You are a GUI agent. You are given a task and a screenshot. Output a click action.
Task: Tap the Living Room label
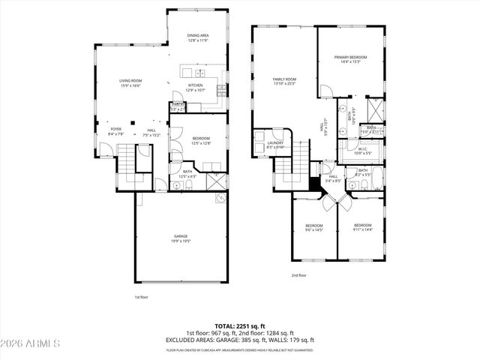click(x=130, y=81)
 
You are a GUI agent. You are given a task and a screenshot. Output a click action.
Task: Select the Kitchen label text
click(x=195, y=85)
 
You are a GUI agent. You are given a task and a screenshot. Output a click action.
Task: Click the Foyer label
click(x=115, y=129)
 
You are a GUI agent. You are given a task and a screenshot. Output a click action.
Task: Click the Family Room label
click(x=285, y=79)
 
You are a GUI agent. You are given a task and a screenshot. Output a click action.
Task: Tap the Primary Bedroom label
click(x=350, y=57)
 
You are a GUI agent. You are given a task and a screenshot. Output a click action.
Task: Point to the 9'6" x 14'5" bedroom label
click(x=313, y=226)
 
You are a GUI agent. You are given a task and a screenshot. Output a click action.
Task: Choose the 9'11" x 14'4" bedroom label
click(x=362, y=225)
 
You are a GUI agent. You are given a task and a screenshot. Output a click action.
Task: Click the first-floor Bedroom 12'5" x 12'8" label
click(x=200, y=138)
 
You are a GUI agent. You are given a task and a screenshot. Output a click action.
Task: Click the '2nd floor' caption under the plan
click(x=298, y=275)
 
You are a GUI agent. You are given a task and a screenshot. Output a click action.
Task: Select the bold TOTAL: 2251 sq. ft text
click(x=239, y=326)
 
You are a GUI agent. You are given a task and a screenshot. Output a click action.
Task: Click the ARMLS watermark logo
click(x=30, y=343)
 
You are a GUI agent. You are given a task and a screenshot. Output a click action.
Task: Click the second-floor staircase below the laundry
click(x=300, y=160)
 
